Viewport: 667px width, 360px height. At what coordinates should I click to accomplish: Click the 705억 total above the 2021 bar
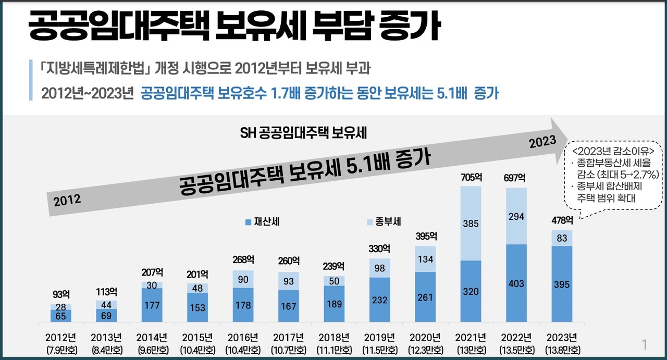[x=471, y=178]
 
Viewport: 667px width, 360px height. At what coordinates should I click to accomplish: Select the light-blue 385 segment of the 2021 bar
[x=471, y=224]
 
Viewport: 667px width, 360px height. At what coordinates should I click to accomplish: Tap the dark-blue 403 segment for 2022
[x=516, y=284]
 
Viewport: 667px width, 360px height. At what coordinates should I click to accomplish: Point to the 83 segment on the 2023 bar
[x=562, y=238]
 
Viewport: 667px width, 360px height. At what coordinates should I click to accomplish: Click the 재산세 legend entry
[x=263, y=222]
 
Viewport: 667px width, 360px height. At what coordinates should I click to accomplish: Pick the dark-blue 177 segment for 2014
[x=152, y=305]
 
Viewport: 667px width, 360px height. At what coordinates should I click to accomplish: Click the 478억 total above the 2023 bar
[x=562, y=221]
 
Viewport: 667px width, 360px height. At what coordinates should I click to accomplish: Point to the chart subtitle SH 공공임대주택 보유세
[x=304, y=133]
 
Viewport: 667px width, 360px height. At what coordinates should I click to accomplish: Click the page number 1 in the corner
[x=645, y=344]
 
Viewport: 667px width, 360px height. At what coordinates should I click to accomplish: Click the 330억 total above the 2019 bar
[x=380, y=249]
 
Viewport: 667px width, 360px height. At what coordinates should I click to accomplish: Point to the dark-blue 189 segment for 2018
[x=335, y=303]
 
